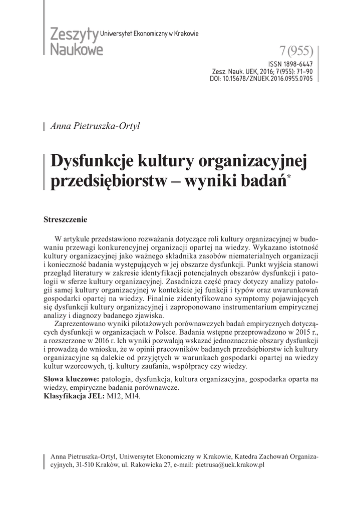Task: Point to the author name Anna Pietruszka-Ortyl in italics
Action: (95, 126)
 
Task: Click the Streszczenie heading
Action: (66, 219)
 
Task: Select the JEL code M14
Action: (133, 396)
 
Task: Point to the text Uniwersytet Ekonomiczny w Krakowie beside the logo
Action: (150, 33)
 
